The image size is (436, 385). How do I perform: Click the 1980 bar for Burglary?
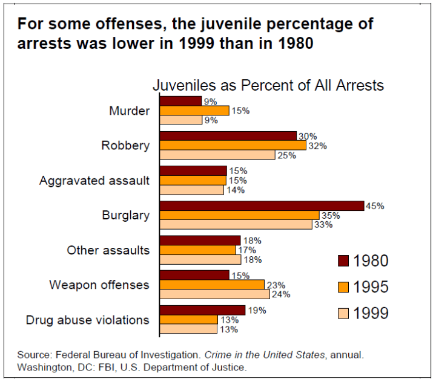(261, 206)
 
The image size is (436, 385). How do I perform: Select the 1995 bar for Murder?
(194, 111)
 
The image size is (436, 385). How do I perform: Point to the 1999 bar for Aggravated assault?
(191, 190)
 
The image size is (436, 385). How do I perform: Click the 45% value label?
(375, 205)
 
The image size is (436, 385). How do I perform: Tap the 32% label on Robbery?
(317, 146)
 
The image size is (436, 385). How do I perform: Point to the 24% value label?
(281, 294)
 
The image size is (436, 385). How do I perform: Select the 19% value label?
(256, 310)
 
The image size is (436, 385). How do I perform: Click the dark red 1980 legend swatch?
(343, 260)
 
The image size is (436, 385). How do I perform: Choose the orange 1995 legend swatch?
(343, 286)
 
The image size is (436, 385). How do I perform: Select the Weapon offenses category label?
(99, 285)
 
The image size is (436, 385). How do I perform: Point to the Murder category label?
(129, 111)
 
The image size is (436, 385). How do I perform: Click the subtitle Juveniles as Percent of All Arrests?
(268, 85)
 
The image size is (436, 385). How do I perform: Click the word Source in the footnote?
(33, 355)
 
